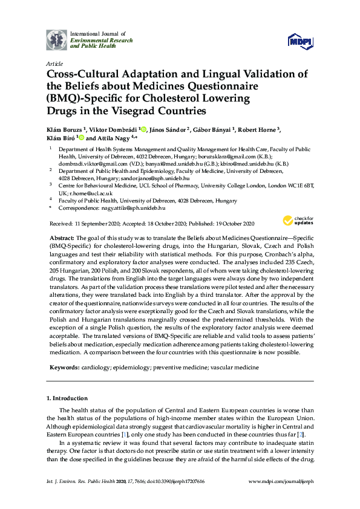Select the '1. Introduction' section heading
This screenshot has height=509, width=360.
click(x=67, y=398)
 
